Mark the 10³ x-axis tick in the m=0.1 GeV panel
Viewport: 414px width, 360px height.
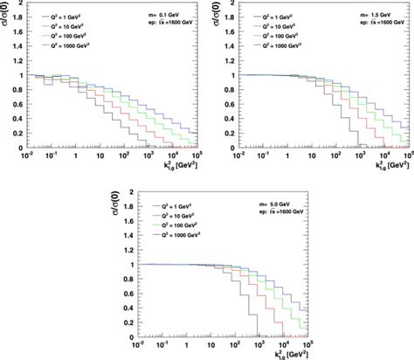[x=141, y=158]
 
